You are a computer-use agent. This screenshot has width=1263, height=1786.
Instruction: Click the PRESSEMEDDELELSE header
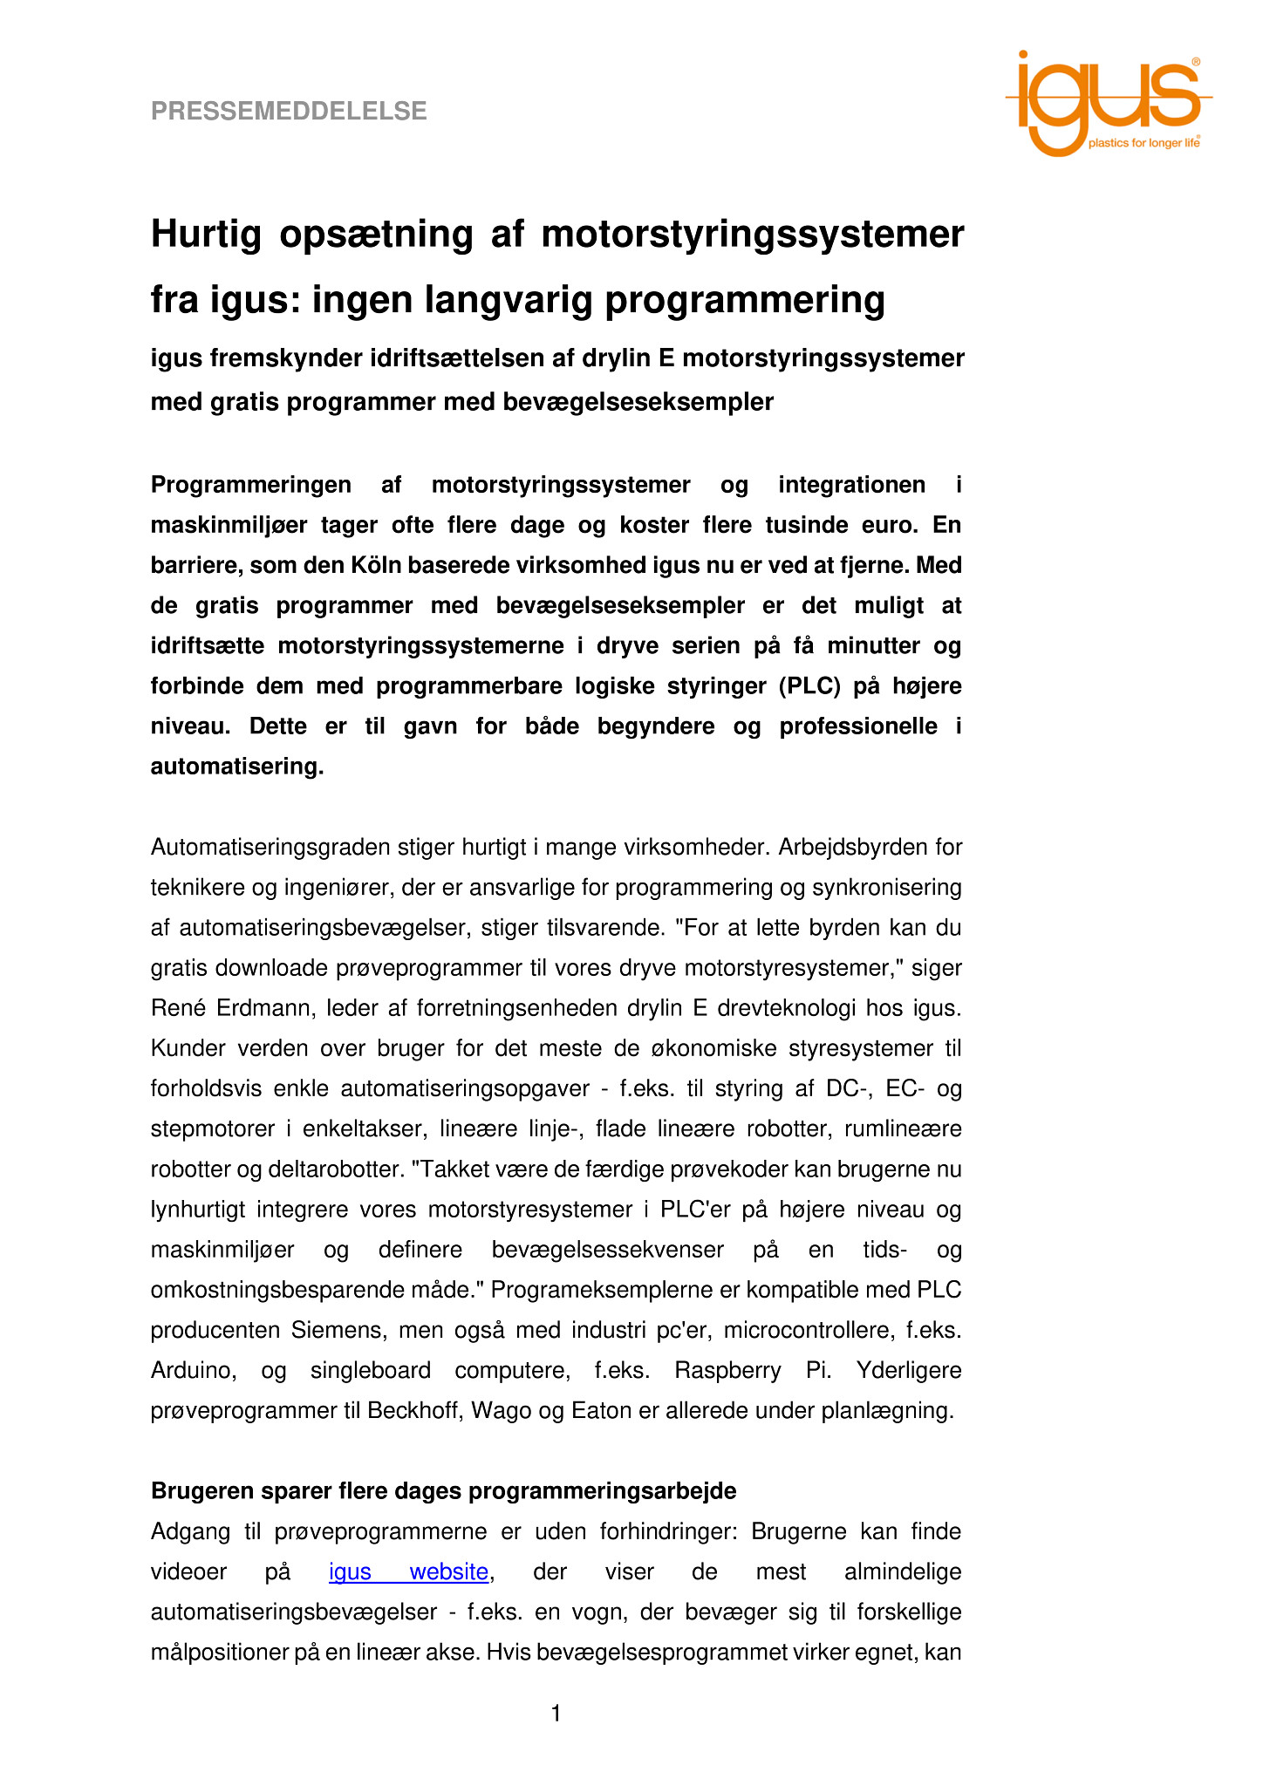tap(289, 112)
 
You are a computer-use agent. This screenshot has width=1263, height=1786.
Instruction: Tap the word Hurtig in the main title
tap(207, 235)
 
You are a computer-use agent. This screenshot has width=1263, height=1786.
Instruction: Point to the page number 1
tap(556, 1714)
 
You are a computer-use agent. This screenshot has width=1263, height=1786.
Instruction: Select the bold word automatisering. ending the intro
tap(237, 767)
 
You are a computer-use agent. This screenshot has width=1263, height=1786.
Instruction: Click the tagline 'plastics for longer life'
tap(1143, 143)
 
